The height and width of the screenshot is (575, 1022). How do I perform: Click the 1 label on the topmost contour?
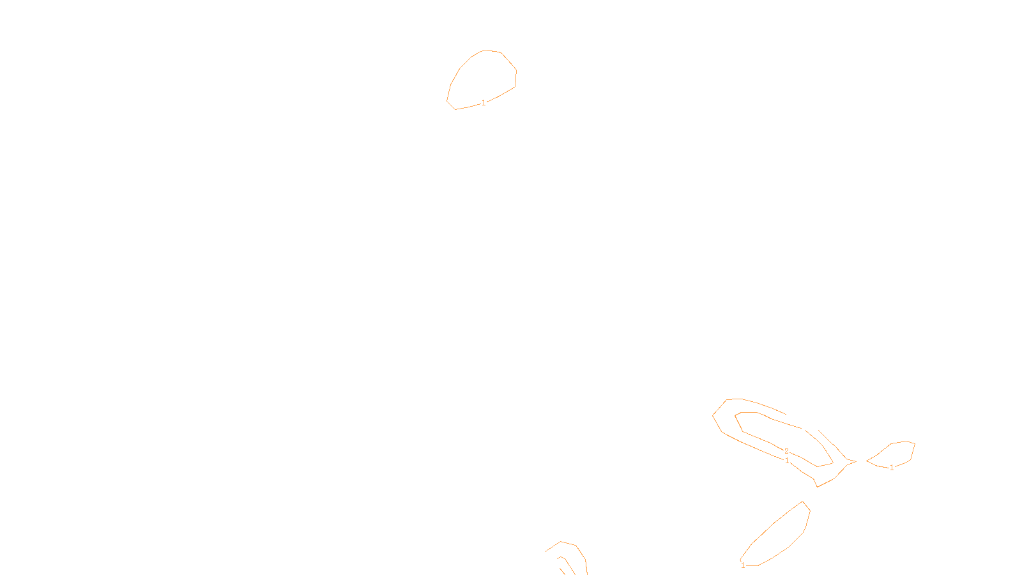click(x=484, y=103)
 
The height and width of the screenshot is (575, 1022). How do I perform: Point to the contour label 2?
click(x=786, y=451)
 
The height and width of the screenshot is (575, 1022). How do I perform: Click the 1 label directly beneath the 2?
click(x=787, y=461)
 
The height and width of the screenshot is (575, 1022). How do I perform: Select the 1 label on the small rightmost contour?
click(x=892, y=468)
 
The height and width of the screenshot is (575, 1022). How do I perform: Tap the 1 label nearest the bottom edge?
click(x=743, y=565)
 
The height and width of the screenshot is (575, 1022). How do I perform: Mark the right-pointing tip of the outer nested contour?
click(x=856, y=461)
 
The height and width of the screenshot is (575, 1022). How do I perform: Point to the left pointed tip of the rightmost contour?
click(x=867, y=461)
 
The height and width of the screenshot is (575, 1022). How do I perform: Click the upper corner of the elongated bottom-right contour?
click(x=803, y=502)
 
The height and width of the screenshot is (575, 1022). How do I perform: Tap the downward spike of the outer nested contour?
click(x=818, y=487)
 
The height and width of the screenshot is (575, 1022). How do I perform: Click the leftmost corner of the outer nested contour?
click(x=713, y=415)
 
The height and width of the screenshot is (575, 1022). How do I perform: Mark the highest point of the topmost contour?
click(x=487, y=50)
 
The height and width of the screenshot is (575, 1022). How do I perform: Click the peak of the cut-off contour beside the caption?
click(x=561, y=542)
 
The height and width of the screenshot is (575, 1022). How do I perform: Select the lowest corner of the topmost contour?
click(x=455, y=110)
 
